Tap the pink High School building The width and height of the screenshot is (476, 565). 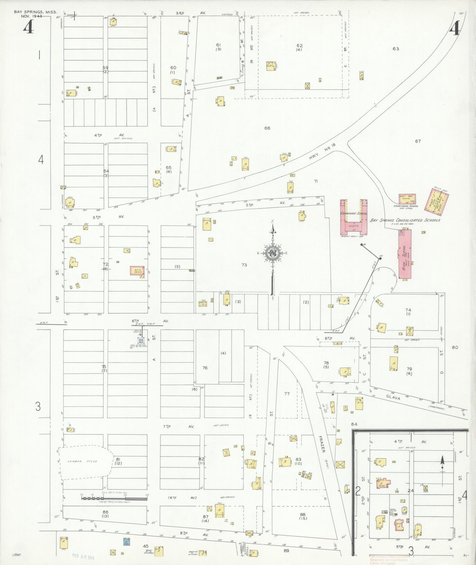click(405, 254)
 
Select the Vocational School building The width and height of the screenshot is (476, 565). click(407, 199)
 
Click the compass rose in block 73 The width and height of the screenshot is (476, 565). click(272, 253)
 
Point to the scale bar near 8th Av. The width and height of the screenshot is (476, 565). click(114, 498)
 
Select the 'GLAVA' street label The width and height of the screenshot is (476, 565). click(393, 398)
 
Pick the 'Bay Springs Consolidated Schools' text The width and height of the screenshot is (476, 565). click(405, 220)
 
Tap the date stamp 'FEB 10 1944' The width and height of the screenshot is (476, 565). click(83, 557)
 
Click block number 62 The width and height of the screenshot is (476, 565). click(299, 46)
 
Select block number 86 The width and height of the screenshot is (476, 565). click(105, 512)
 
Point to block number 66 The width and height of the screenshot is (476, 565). click(267, 128)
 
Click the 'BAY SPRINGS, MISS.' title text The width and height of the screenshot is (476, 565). click(36, 12)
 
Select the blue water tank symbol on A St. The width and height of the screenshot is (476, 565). click(141, 341)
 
